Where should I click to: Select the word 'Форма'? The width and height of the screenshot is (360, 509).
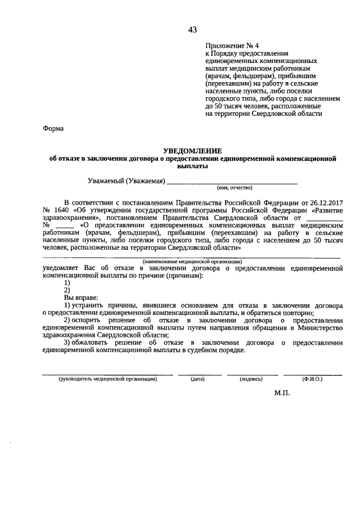[53, 128]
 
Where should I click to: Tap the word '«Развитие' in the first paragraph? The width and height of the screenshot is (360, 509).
[325, 209]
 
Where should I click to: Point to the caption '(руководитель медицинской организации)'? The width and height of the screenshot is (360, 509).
[107, 379]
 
